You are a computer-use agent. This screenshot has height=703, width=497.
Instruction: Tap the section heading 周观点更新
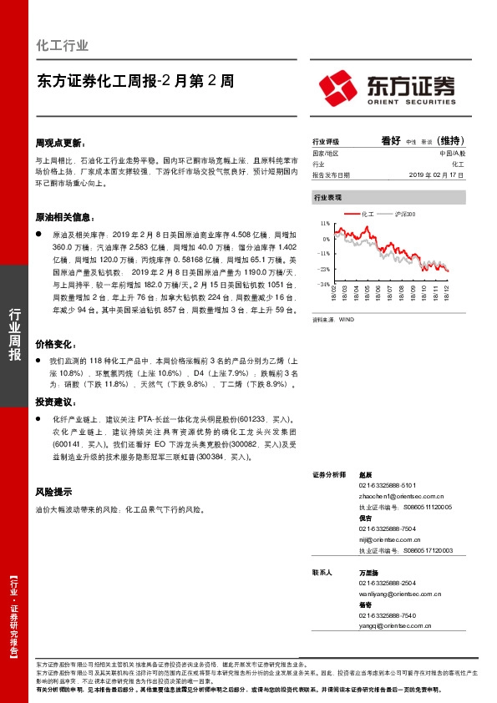point(60,143)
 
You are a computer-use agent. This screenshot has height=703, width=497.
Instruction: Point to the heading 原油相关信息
point(65,216)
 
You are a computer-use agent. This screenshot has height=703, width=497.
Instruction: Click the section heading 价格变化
point(55,343)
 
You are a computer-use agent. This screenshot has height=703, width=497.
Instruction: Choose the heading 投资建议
point(55,402)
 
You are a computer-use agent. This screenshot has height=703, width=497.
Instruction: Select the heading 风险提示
point(53,492)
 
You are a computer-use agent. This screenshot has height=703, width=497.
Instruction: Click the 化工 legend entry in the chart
point(368,215)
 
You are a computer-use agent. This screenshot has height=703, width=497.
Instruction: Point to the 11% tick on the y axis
point(325,225)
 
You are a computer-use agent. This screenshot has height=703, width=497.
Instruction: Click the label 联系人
point(322,573)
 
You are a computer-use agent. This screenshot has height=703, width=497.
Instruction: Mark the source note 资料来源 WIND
point(333,319)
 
